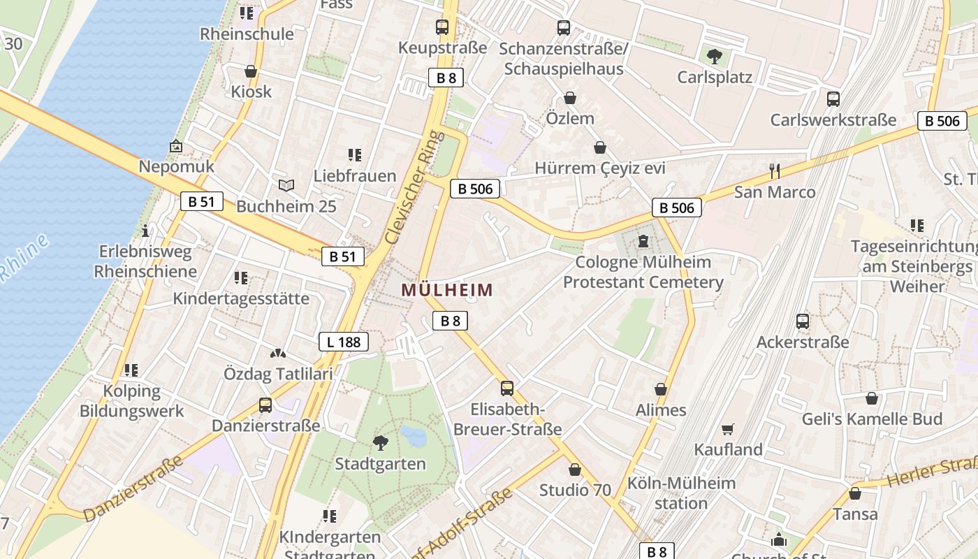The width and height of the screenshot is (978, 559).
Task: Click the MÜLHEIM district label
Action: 447,290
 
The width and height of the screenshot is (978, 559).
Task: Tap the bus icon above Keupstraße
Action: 442,27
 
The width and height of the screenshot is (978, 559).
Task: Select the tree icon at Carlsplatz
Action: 714,56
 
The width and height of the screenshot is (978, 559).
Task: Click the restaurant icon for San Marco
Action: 774,171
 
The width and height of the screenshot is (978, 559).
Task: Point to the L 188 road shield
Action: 343,342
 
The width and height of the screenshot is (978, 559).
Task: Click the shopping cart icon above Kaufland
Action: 728,429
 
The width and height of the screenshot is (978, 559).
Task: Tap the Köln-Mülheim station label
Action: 681,493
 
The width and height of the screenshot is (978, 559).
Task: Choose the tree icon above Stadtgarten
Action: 380,442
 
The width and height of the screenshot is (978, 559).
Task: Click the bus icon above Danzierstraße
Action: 265,405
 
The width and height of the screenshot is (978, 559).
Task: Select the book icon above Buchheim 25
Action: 286,185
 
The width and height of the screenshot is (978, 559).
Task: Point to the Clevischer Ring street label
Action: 415,187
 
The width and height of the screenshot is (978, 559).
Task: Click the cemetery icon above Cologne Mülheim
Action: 643,242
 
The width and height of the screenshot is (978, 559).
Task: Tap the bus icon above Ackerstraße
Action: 803,321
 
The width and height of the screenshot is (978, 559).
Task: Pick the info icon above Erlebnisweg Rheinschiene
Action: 145,231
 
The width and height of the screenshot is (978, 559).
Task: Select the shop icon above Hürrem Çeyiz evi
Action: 599,147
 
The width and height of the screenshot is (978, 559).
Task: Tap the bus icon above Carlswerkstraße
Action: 833,99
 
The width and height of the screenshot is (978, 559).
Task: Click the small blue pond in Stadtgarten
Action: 414,437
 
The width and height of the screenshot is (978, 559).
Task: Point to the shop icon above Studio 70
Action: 575,470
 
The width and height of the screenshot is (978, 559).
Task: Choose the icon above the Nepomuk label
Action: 176,146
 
